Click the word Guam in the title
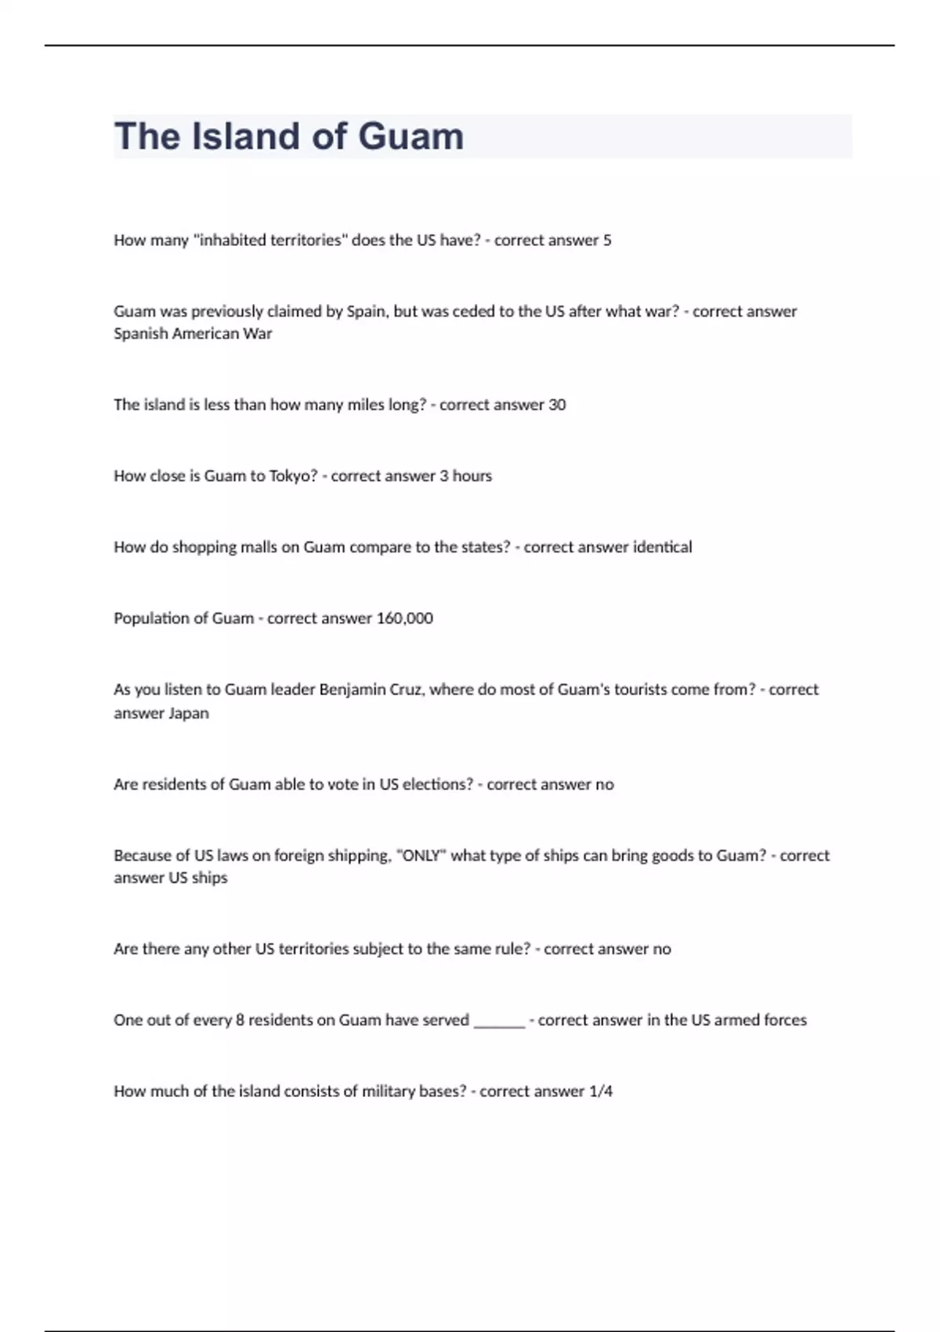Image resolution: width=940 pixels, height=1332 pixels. click(x=410, y=136)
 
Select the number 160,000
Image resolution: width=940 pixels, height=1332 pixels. click(x=404, y=618)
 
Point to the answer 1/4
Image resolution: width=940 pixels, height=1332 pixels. click(x=601, y=1091)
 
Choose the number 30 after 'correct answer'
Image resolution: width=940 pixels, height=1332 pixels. click(x=557, y=404)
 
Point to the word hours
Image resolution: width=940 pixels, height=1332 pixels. click(x=472, y=476)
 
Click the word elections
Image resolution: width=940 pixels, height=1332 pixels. click(x=437, y=784)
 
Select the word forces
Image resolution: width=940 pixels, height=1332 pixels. click(x=784, y=1020)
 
